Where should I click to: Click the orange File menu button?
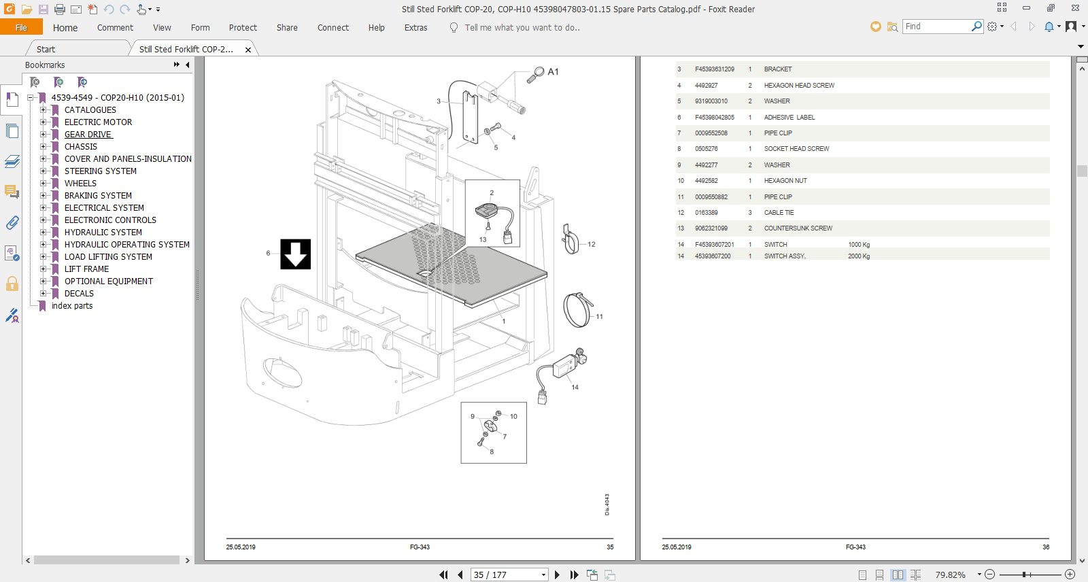point(21,27)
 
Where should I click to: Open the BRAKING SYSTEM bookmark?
point(98,195)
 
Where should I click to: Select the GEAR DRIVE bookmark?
point(88,134)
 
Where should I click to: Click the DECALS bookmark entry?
point(79,294)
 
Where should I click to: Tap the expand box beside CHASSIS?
point(44,146)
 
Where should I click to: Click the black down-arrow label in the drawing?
point(295,254)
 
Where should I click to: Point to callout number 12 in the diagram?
point(591,244)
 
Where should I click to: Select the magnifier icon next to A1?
point(536,75)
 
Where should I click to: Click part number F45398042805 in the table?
point(715,117)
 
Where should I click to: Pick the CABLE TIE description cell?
point(779,212)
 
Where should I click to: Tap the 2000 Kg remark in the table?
point(859,256)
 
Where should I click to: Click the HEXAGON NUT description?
point(785,181)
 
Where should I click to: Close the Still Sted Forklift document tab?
point(248,50)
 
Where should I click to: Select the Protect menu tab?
point(243,28)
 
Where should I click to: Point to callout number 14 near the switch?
point(575,387)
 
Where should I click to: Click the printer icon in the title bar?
point(59,10)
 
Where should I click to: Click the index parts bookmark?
point(72,305)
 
